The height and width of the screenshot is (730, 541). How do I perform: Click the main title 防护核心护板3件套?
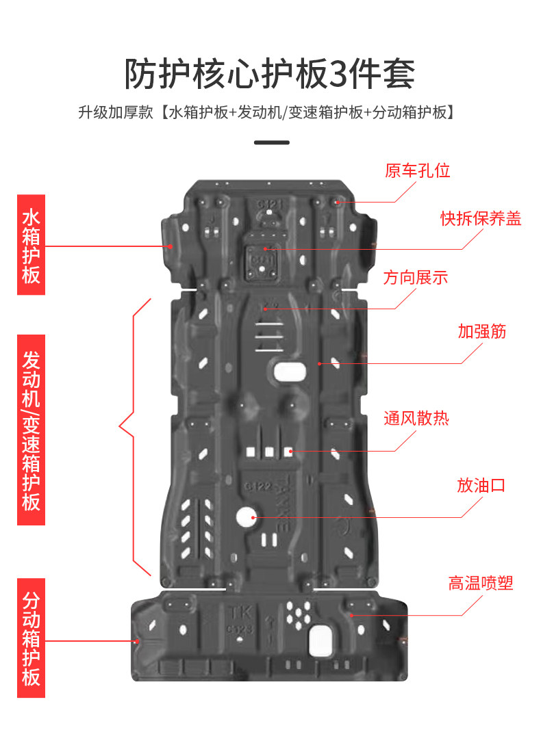pyautogui.click(x=270, y=74)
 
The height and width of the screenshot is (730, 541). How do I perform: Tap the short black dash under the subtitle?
pyautogui.click(x=271, y=143)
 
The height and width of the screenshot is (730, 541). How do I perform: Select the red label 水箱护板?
pyautogui.click(x=31, y=245)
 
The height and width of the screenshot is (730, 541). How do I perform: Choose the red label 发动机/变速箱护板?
pyautogui.click(x=31, y=430)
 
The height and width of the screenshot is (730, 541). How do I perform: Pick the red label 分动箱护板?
pyautogui.click(x=31, y=638)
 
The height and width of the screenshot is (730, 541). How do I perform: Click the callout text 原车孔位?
pyautogui.click(x=417, y=170)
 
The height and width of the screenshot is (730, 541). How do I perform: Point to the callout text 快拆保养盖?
pyautogui.click(x=481, y=218)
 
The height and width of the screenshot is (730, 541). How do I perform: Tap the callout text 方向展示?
pyautogui.click(x=416, y=278)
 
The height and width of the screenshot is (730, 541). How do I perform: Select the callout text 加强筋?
pyautogui.click(x=482, y=331)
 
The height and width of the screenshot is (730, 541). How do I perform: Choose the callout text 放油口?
pyautogui.click(x=481, y=486)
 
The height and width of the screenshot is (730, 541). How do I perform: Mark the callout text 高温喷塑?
pyautogui.click(x=481, y=583)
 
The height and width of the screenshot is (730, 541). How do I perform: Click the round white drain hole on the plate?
pyautogui.click(x=246, y=517)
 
